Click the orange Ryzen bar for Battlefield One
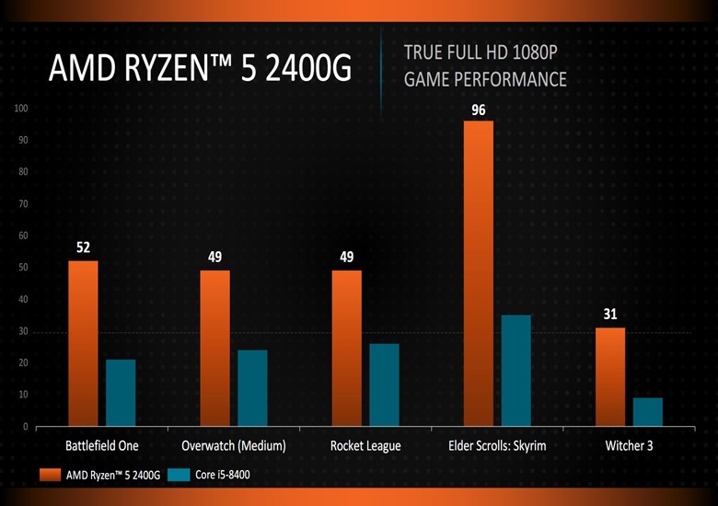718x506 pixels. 83,343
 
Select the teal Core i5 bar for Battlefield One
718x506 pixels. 121,393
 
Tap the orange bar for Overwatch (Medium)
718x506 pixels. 214,348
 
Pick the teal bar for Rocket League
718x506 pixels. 384,385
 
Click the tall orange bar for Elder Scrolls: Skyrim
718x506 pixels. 479,273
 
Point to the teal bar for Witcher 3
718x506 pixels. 648,412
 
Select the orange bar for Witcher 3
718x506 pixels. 610,376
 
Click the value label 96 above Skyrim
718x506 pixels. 479,109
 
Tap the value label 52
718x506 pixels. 83,248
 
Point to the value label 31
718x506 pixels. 610,315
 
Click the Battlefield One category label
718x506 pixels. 102,446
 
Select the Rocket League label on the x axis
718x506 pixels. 365,446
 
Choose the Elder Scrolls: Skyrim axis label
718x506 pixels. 497,446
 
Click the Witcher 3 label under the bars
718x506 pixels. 630,446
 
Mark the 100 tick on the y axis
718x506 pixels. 20,109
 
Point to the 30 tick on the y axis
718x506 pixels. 22,331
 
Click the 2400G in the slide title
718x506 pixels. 306,69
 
